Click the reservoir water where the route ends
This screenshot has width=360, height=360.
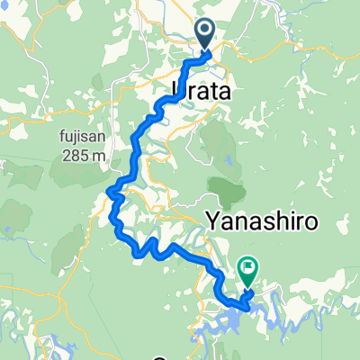(x=236, y=304)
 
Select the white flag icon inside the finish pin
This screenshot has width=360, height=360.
(x=247, y=266)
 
